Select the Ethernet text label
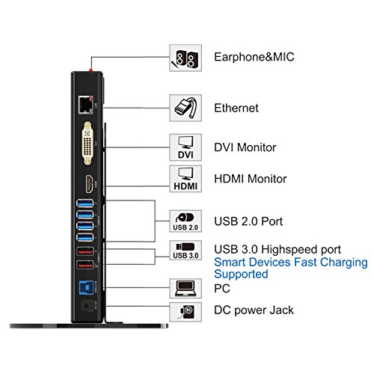(x=236, y=108)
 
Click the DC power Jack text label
(x=253, y=310)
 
